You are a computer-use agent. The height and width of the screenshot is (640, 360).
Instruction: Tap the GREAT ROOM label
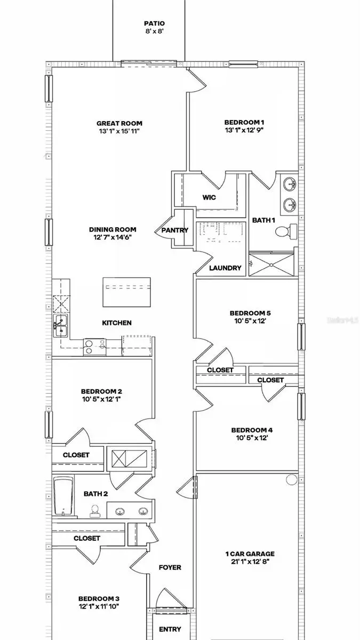point(119,123)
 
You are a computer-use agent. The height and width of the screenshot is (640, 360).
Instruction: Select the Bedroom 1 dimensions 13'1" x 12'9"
point(244,130)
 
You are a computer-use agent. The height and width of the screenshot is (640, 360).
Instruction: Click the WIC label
point(209,197)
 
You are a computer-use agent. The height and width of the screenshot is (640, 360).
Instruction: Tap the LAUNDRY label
point(225,268)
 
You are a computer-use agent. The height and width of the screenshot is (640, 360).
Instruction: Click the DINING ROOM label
point(109,230)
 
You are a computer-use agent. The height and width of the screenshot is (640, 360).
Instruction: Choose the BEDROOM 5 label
point(247,313)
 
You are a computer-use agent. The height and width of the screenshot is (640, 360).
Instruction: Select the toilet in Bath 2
point(95,511)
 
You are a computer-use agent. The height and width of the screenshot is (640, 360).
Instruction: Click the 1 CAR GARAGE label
point(250,554)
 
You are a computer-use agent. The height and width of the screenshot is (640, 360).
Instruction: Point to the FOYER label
point(170,567)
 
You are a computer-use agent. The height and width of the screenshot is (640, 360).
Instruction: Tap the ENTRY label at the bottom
point(170,629)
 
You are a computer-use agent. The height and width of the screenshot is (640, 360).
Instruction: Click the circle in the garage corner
point(291,479)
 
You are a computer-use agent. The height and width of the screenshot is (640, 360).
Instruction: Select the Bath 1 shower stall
point(272,264)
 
